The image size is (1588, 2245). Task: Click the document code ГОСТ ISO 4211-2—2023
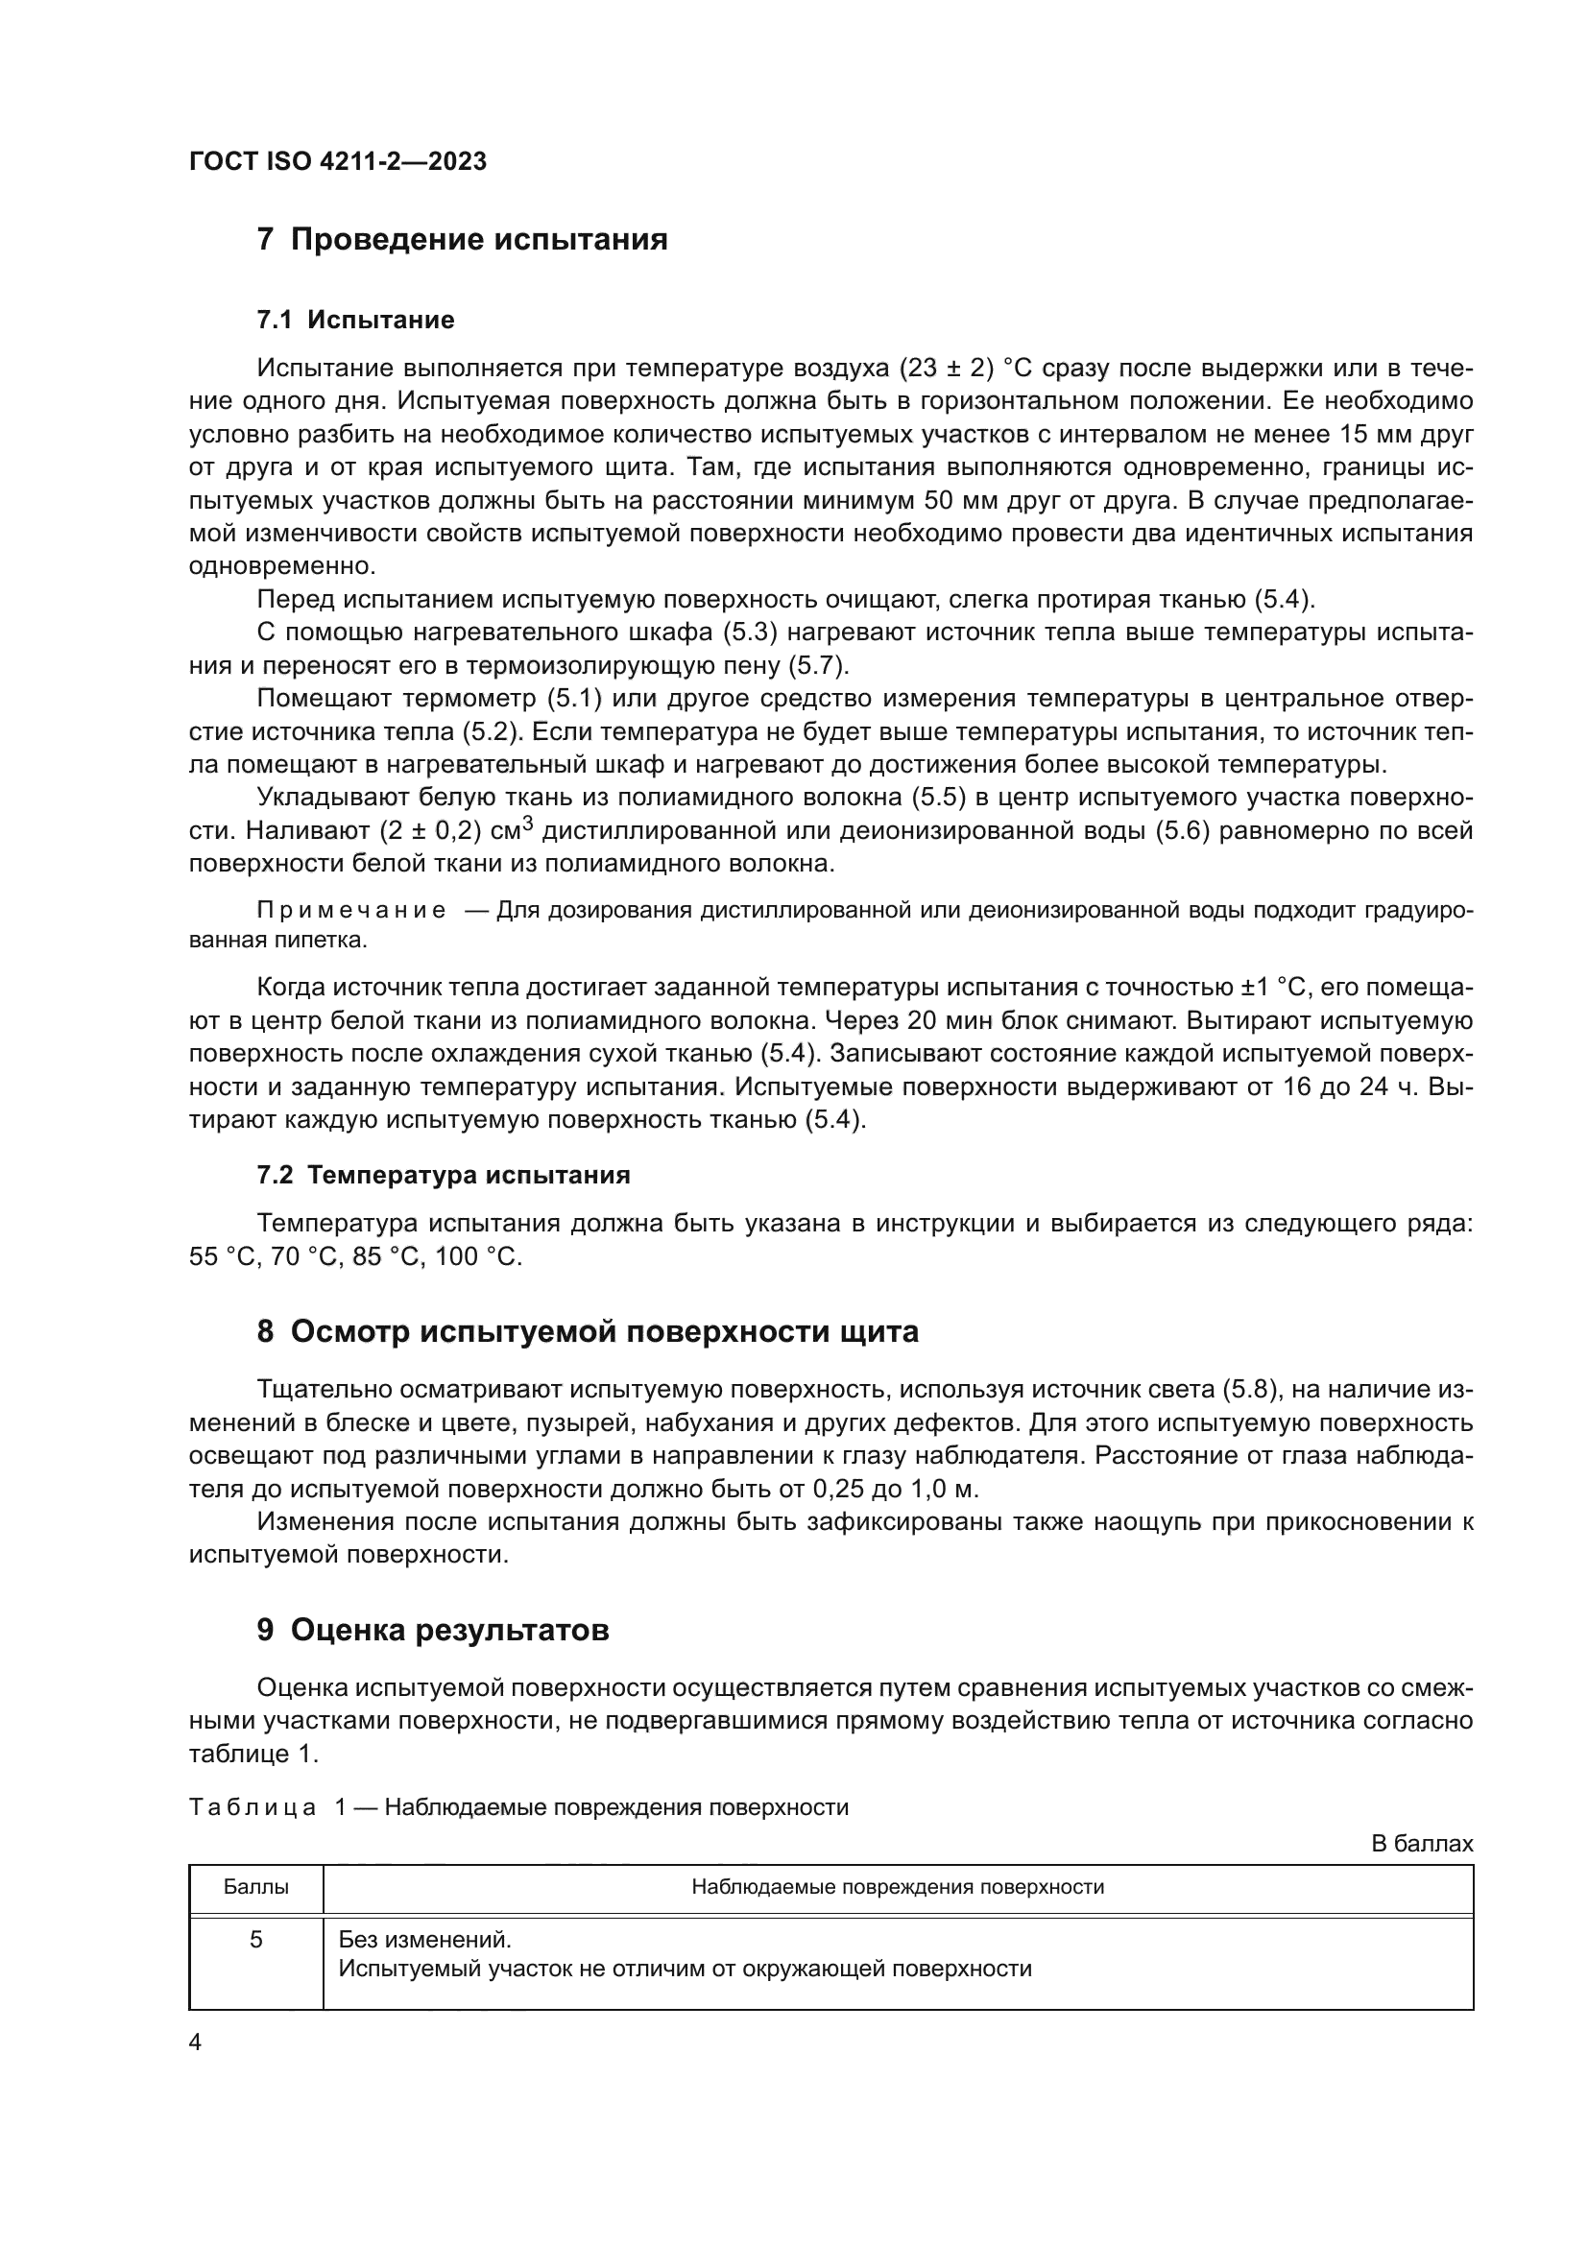[337, 161]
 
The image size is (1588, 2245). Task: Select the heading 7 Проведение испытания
[462, 240]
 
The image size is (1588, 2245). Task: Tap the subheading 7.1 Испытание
[355, 320]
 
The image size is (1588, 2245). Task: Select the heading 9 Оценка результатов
[432, 1629]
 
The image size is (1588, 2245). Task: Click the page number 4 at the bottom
[195, 2042]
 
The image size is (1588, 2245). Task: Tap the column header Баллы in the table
[255, 1886]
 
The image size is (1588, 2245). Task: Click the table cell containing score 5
[255, 1939]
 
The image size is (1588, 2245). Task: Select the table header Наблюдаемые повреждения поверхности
[897, 1886]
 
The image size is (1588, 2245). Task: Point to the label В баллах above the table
[1421, 1843]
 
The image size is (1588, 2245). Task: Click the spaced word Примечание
[351, 910]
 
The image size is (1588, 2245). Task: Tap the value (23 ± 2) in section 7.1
[945, 369]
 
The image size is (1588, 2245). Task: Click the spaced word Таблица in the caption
[253, 1807]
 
